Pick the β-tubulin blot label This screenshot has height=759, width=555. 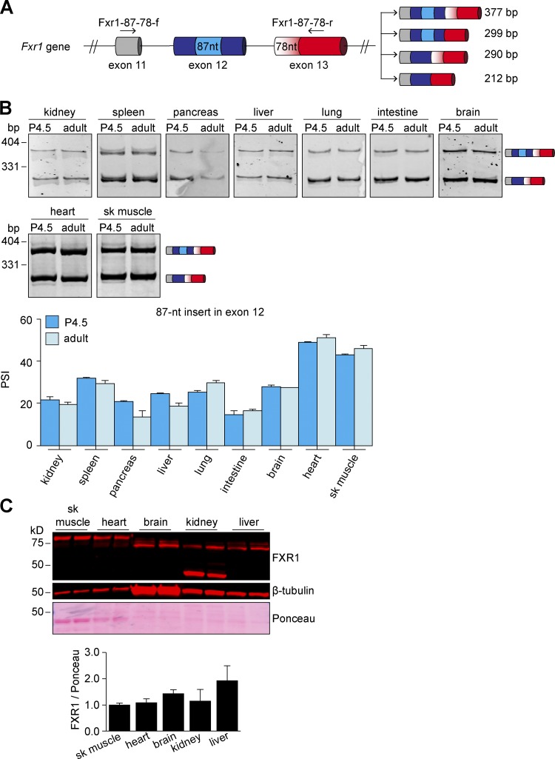click(292, 592)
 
